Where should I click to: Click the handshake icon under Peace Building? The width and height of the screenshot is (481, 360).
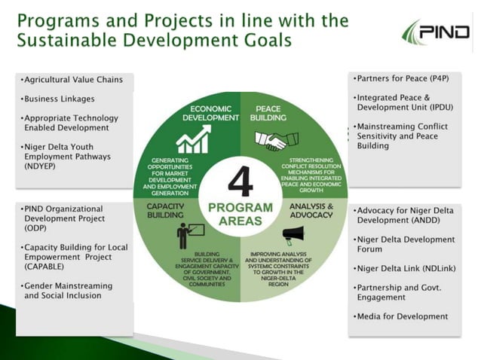tap(270, 141)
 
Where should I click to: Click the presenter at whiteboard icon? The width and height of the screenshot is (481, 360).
tap(188, 234)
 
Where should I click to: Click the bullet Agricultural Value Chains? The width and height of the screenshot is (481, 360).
tap(72, 79)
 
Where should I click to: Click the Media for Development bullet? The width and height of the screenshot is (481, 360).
tap(401, 316)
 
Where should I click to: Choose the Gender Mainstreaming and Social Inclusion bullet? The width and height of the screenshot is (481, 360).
tap(68, 291)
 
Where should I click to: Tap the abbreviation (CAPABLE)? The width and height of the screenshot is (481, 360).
tap(50, 266)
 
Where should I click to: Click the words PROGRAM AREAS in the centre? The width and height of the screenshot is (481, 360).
tap(240, 215)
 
